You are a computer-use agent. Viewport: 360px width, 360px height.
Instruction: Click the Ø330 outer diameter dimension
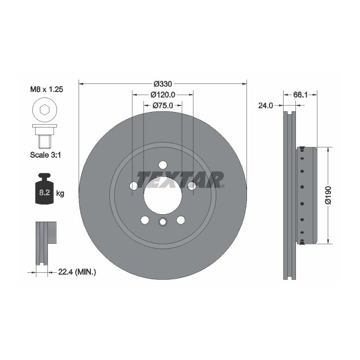[x=163, y=84]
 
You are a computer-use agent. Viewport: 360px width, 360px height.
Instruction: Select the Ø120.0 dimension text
[x=163, y=95]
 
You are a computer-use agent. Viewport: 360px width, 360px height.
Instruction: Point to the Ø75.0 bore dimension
[x=163, y=105]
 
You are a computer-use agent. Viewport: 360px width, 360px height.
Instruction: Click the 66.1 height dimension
[x=300, y=95]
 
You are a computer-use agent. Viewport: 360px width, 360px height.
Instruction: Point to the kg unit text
[x=60, y=193]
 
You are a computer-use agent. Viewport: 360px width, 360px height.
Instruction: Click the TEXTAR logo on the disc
[x=179, y=179]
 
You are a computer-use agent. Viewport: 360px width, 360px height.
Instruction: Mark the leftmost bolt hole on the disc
[x=134, y=186]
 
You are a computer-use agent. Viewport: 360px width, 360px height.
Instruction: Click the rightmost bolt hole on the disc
[x=192, y=186]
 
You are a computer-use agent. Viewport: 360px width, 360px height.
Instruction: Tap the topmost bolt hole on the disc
[x=163, y=165]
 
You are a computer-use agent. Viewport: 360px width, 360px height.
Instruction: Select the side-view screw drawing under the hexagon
[x=44, y=136]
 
